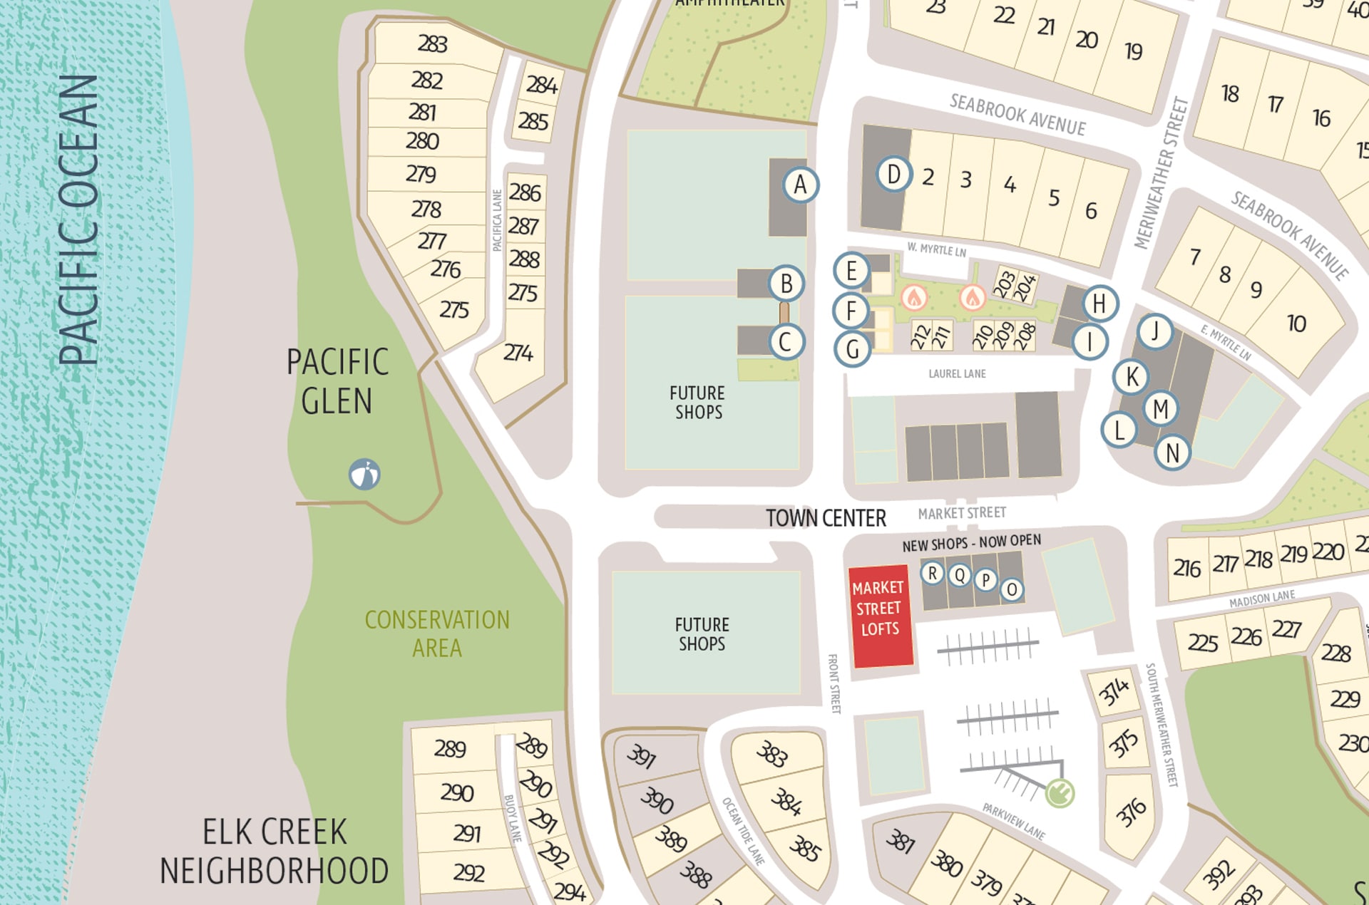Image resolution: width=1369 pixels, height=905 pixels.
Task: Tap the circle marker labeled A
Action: (x=800, y=185)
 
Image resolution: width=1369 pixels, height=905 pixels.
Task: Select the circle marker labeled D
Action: (x=893, y=174)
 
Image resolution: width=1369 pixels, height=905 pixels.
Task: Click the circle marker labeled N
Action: (x=1172, y=452)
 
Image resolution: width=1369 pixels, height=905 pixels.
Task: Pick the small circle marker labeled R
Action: (x=932, y=573)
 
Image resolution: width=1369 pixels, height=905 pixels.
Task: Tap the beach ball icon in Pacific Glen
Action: (x=364, y=474)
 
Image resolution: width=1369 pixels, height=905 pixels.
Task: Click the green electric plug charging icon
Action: (x=1060, y=792)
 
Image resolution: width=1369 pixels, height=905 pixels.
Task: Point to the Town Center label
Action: (x=826, y=518)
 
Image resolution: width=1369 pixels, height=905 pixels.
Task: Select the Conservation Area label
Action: (x=437, y=633)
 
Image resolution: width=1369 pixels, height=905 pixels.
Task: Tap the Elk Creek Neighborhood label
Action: (x=275, y=852)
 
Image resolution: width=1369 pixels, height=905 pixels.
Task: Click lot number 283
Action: (x=432, y=44)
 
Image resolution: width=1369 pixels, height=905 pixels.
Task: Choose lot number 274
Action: (x=518, y=353)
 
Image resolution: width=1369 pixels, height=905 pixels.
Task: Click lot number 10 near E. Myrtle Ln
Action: (x=1296, y=324)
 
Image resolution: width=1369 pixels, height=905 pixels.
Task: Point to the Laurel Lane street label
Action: (x=957, y=373)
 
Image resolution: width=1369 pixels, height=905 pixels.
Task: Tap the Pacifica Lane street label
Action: (x=497, y=220)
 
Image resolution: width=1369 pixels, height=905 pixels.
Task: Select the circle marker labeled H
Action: (x=1099, y=304)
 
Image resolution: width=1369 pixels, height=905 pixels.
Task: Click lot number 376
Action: (x=1131, y=812)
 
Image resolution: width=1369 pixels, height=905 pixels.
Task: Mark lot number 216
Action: (x=1187, y=568)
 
